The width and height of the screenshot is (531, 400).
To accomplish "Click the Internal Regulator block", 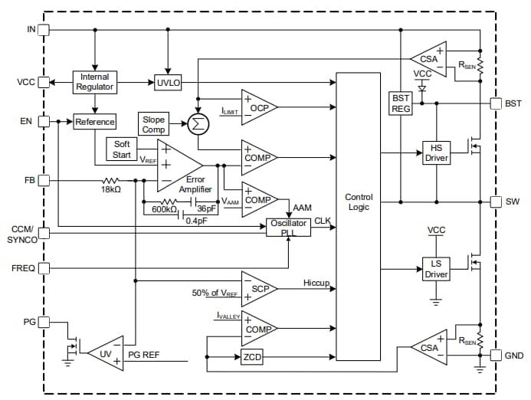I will tap(95, 82).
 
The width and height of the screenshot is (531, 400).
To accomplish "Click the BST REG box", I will tap(401, 103).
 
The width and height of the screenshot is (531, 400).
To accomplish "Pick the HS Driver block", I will tap(435, 152).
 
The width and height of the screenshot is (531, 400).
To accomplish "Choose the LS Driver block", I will tap(435, 269).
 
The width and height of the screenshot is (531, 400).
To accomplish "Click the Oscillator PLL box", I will tap(288, 228).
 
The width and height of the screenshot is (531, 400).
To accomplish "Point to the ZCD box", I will tap(250, 358).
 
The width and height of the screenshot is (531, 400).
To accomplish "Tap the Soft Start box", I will tap(123, 149).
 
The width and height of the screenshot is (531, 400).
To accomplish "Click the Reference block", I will tap(95, 122).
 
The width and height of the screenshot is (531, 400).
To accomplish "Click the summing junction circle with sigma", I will tap(198, 122).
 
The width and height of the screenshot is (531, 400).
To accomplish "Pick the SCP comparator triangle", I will tap(256, 289).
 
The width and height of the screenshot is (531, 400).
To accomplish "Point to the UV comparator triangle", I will tap(107, 352).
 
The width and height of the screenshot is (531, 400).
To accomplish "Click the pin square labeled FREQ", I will tap(44, 268).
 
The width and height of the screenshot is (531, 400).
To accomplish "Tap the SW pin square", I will tap(494, 202).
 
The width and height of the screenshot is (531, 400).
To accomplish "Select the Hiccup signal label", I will tap(316, 284).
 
